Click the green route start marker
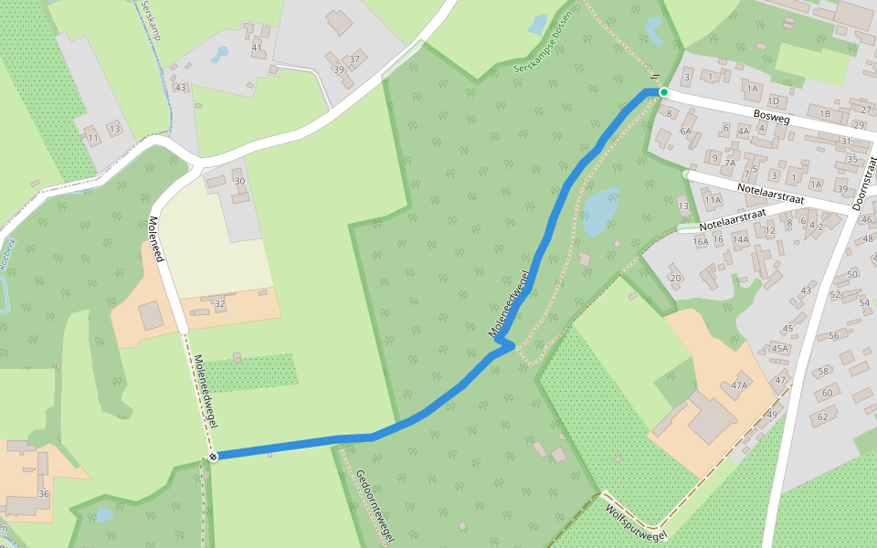coord(664,92)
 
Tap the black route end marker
coord(213,456)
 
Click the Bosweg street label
coord(775,116)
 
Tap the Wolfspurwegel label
coord(636,520)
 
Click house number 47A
coord(738,385)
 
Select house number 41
coord(257,47)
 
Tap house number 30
coord(240,181)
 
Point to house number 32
coord(219,302)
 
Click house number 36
coord(43,494)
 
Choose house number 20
coord(675,278)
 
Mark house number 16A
coord(701,242)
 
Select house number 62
coord(821,417)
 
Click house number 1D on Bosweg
coord(774,100)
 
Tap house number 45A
coord(779,348)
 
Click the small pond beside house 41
coord(219,55)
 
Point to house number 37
coord(354,58)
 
